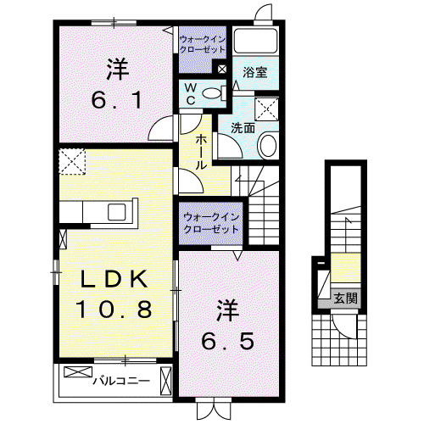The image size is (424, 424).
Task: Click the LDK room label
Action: (x=114, y=279)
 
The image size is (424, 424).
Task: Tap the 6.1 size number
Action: (x=116, y=100)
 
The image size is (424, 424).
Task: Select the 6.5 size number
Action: (x=227, y=340)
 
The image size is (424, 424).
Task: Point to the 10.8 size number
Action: (x=114, y=309)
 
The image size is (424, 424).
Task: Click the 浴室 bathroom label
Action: (x=255, y=72)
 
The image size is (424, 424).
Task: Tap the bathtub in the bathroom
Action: (x=256, y=41)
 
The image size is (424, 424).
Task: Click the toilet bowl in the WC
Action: (x=212, y=93)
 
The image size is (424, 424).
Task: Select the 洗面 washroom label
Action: (x=243, y=128)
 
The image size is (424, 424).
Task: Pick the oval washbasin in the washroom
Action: (x=267, y=146)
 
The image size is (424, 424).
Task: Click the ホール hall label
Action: (x=200, y=152)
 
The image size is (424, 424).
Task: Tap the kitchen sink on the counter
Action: (x=116, y=212)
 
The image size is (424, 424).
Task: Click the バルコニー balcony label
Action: (x=122, y=382)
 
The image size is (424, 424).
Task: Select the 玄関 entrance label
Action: (x=346, y=298)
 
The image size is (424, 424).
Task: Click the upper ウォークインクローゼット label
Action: (x=203, y=44)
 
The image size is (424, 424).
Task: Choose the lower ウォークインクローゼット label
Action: (x=211, y=223)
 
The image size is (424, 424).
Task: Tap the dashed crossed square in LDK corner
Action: (x=72, y=162)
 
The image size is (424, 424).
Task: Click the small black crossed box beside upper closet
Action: (x=222, y=69)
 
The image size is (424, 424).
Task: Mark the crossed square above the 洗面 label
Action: (x=266, y=109)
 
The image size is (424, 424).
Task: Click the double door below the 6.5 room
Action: (x=214, y=409)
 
